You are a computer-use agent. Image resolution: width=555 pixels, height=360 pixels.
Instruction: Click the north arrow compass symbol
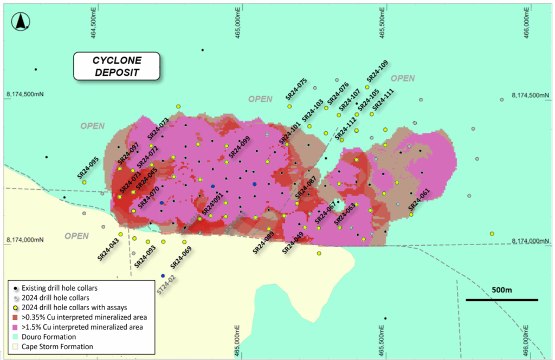(21, 22)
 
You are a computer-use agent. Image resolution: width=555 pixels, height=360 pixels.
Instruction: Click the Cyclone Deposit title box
(117, 66)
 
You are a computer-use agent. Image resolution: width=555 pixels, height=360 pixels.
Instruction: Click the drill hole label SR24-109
(378, 70)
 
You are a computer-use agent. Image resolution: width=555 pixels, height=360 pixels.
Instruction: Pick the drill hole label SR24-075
(296, 89)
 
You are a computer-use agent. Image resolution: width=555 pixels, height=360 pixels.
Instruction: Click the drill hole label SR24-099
(239, 147)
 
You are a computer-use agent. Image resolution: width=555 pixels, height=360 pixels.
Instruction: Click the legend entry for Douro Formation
(48, 337)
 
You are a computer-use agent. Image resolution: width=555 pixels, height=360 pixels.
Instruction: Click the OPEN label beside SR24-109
(403, 79)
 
